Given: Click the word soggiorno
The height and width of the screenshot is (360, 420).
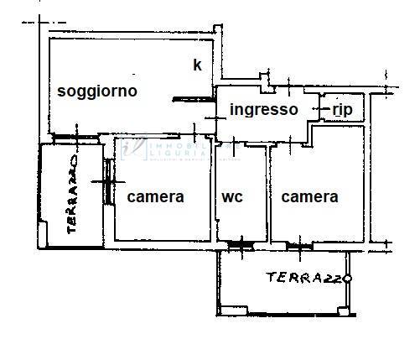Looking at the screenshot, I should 97,91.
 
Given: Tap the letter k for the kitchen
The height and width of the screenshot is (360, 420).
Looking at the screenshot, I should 197,65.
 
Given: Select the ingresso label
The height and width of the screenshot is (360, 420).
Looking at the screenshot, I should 264,109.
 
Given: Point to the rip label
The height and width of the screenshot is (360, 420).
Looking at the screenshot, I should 341,109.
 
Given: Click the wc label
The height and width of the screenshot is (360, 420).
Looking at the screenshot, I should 232,197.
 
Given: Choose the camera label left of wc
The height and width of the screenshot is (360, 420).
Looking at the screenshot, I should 156,197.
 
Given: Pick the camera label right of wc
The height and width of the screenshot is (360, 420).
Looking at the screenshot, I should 309,197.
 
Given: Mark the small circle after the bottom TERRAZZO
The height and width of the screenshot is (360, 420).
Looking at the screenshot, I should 347,279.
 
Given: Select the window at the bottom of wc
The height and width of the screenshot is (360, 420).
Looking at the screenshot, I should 241,245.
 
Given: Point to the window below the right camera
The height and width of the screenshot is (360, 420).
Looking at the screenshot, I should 298,245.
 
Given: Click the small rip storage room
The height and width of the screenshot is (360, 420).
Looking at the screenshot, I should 340,110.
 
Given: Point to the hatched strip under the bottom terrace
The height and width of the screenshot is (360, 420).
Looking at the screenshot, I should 285,316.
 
